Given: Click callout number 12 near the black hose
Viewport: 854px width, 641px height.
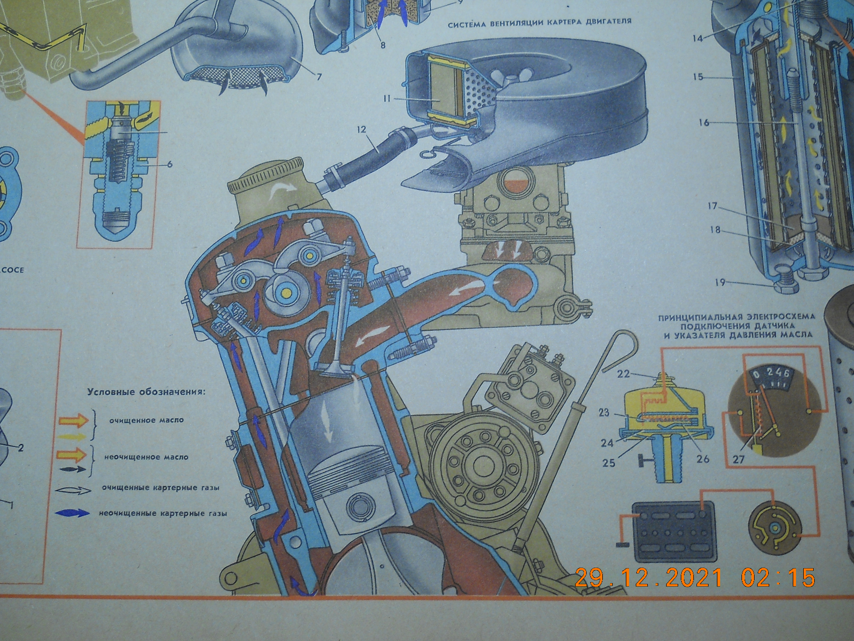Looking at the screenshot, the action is pyautogui.click(x=361, y=129).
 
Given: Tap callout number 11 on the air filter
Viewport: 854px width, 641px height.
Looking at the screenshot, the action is pyautogui.click(x=387, y=99).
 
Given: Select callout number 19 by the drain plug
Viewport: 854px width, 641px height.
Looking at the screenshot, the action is pyautogui.click(x=720, y=283).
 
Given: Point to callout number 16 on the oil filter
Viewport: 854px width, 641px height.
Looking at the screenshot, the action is pyautogui.click(x=704, y=123).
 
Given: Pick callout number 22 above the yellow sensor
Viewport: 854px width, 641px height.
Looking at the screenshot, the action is pyautogui.click(x=623, y=374).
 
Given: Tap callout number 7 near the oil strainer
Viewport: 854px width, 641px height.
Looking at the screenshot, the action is pyautogui.click(x=319, y=76).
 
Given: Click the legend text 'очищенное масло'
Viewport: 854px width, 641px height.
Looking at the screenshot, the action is pyautogui.click(x=146, y=420).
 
